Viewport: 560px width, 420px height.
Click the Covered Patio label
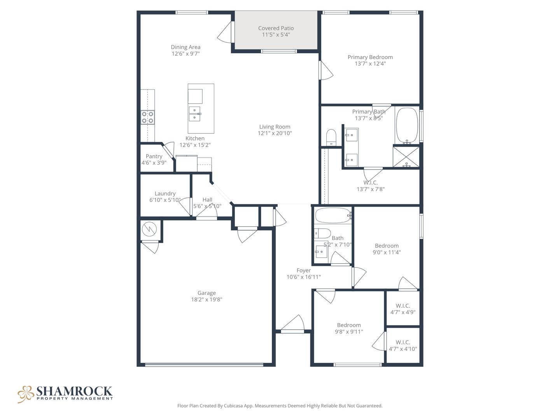pyautogui.click(x=276, y=28)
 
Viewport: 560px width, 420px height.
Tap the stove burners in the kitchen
pyautogui.click(x=147, y=117)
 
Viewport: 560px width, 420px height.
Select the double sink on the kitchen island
pyautogui.click(x=195, y=114)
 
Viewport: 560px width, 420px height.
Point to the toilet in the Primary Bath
pyautogui.click(x=331, y=137)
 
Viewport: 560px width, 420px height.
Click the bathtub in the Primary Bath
pyautogui.click(x=407, y=126)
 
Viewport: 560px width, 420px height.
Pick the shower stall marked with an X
pyautogui.click(x=406, y=157)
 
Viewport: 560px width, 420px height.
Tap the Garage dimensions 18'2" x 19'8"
pyautogui.click(x=206, y=299)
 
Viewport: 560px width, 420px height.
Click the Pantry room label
pyautogui.click(x=154, y=156)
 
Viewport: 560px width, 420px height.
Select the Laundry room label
pyautogui.click(x=165, y=194)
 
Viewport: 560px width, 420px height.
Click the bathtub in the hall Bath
pyautogui.click(x=332, y=215)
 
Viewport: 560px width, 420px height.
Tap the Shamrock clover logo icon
pyautogui.click(x=26, y=394)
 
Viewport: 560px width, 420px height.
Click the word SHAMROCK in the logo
pyautogui.click(x=74, y=391)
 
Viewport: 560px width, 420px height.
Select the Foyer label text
pyautogui.click(x=303, y=270)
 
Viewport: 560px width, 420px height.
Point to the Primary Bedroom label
pyautogui.click(x=370, y=57)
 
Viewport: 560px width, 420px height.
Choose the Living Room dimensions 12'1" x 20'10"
pyautogui.click(x=275, y=133)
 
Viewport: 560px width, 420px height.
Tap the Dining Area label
pyautogui.click(x=185, y=47)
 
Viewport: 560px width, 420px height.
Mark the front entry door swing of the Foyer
pyautogui.click(x=292, y=323)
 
